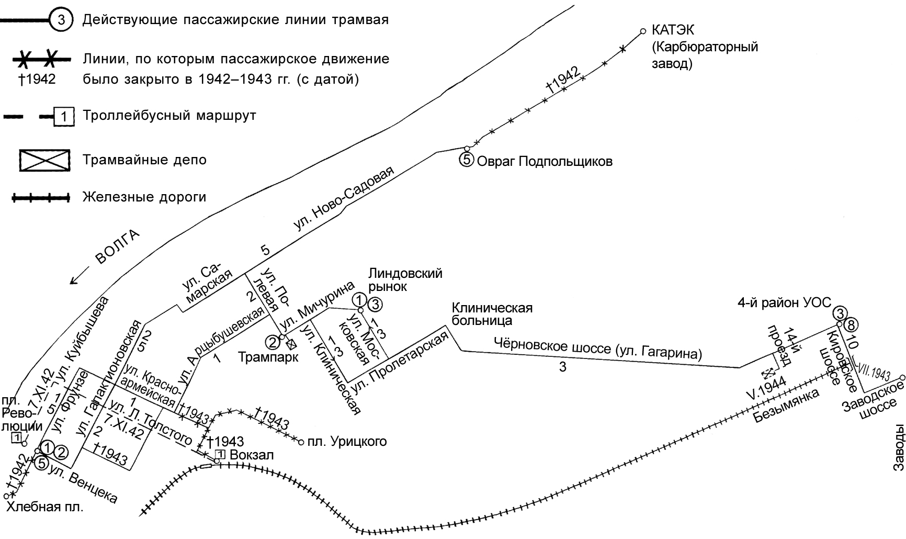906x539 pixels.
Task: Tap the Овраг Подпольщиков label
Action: [544, 161]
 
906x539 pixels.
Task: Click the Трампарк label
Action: [268, 357]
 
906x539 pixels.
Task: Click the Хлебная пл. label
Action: [44, 507]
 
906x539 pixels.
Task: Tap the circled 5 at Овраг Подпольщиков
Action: [466, 160]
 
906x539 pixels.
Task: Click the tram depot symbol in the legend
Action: [44, 160]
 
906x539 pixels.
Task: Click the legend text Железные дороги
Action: [144, 197]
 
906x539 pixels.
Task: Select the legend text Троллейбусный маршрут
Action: [169, 115]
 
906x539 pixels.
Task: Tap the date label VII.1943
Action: [874, 368]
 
